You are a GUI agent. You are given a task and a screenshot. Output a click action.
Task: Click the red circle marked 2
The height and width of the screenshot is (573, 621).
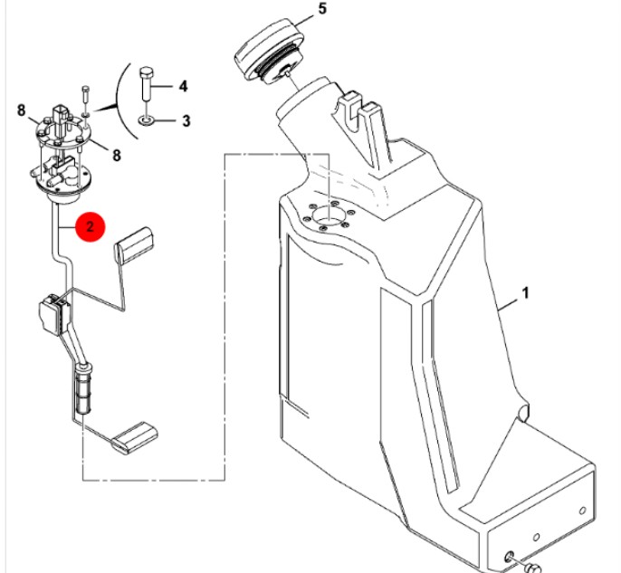91,227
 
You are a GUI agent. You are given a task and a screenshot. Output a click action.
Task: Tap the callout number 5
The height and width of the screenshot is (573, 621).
322,8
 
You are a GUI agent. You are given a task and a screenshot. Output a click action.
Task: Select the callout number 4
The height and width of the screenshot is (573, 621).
183,86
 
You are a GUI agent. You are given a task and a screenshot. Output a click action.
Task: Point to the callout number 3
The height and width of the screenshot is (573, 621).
186,120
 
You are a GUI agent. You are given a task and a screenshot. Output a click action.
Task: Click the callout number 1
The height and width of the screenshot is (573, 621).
525,293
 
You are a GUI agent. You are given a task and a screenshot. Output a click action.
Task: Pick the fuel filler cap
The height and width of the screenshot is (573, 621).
271,51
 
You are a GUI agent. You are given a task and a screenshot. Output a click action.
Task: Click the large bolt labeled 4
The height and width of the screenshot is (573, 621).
147,84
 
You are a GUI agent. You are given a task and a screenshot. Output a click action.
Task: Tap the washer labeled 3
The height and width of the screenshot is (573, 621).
146,120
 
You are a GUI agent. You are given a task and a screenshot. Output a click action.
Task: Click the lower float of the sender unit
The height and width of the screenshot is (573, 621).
135,438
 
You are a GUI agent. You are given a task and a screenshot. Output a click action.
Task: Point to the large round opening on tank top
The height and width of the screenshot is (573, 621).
329,215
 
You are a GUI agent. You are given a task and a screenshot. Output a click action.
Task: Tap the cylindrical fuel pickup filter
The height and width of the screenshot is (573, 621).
83,389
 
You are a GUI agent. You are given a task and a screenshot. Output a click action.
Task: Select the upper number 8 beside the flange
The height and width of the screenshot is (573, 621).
22,110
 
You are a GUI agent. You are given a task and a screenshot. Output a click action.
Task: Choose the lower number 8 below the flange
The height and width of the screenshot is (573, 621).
117,155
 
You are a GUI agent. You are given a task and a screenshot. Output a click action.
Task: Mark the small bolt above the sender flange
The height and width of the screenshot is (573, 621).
86,95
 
